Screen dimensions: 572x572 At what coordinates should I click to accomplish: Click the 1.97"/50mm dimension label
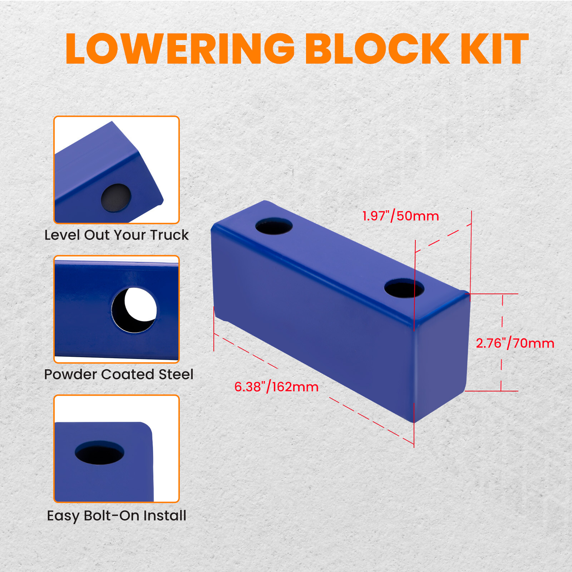pos(400,216)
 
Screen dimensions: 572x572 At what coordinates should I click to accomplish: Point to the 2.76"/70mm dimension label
pos(515,343)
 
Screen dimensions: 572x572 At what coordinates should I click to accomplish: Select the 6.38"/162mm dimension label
pos(276,387)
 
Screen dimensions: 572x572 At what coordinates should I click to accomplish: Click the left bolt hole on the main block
pos(274,226)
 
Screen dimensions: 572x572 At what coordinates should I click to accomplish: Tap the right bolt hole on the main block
pos(404,289)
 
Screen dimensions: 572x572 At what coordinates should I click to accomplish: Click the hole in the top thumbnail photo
pos(116,198)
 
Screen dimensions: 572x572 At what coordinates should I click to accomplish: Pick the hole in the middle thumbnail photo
pos(134,310)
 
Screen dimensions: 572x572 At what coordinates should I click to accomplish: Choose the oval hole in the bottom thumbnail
pos(99,452)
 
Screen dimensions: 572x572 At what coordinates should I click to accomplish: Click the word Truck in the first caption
pos(169,235)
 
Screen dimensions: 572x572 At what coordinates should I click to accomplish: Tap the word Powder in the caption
pos(70,374)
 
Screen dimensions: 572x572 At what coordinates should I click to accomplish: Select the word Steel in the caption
pos(176,374)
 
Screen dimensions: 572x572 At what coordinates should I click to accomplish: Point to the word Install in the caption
pos(165,516)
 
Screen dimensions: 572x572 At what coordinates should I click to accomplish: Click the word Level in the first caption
pos(62,235)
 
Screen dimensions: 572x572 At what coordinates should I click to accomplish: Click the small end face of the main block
pos(442,357)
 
